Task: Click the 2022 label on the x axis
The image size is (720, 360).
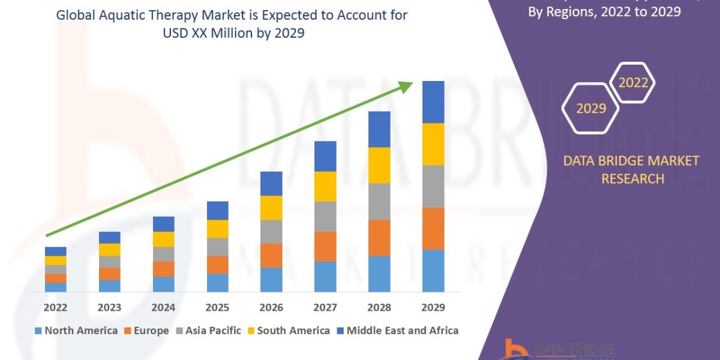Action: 55,308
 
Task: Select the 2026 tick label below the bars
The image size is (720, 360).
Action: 271,308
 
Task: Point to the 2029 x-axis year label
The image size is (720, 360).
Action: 433,308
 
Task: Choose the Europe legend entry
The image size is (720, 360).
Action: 147,331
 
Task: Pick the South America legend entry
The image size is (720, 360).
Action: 288,331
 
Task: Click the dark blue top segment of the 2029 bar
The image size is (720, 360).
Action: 433,102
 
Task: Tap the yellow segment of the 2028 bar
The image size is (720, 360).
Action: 379,165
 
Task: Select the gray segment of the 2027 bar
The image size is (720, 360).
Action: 325,217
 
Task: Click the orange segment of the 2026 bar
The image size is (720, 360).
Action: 271,256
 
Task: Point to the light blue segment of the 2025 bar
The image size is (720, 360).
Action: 217,283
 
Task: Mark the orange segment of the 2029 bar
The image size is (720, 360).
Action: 433,229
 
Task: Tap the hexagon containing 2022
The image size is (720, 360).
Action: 633,83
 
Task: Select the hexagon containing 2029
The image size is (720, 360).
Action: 590,109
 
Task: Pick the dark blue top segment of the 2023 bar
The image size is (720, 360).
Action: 109,238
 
